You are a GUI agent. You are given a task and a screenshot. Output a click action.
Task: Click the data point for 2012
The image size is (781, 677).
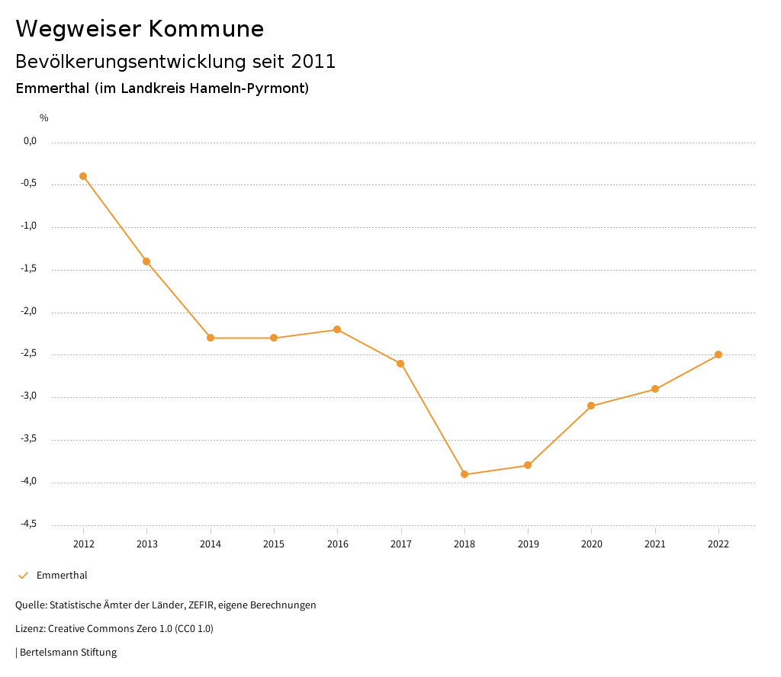[83, 176]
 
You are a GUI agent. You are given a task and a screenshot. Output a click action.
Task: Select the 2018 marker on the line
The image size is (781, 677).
[464, 474]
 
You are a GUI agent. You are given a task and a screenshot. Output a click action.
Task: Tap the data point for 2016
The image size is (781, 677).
[337, 329]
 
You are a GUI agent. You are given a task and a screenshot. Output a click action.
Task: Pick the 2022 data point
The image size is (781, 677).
[718, 355]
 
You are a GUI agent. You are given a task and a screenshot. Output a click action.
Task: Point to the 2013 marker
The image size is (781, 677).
[146, 261]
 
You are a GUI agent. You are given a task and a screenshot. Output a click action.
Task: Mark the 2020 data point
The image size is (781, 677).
[591, 406]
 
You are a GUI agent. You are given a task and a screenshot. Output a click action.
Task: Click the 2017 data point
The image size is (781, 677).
[400, 364]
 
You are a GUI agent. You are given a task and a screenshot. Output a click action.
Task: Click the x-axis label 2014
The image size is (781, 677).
[211, 544]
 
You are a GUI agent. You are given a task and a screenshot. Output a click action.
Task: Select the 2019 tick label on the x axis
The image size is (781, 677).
[528, 544]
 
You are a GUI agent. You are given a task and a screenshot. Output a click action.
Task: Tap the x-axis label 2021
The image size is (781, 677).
[655, 544]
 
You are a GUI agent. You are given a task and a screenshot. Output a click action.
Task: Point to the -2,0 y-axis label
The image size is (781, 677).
[29, 312]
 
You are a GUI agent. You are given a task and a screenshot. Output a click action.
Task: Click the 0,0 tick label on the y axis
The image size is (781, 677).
[30, 141]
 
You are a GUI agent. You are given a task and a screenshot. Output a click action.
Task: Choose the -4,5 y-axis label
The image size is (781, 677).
[29, 525]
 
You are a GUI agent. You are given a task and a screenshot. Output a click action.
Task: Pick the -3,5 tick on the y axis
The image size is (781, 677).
[29, 439]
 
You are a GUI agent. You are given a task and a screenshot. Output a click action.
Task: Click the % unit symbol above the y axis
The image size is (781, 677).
[44, 118]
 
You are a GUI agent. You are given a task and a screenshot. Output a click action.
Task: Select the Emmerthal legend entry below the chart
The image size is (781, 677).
[62, 576]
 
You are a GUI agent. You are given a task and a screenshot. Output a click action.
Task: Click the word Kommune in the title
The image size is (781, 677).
[207, 29]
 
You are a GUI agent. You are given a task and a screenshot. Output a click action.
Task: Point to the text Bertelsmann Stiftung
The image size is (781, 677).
[68, 653]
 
